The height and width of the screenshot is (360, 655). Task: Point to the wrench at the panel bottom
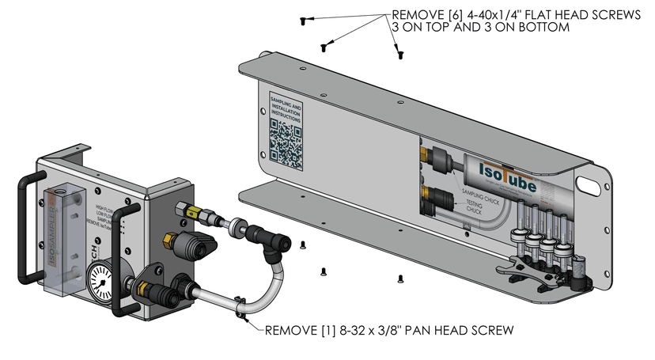[x=522, y=271]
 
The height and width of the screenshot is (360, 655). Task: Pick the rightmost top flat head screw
[x=400, y=54]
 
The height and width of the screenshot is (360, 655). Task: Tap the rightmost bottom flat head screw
[x=400, y=279]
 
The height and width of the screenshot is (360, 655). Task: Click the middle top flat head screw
[x=323, y=47]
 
